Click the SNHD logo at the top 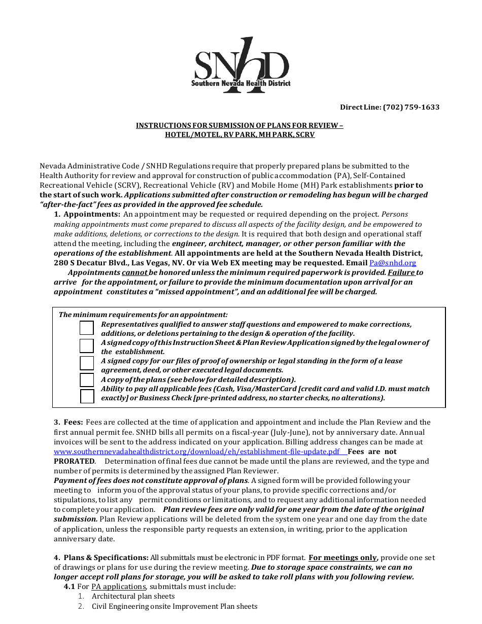tap(242, 65)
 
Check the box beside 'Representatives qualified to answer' tap(87, 328)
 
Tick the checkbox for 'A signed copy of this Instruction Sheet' tap(87, 346)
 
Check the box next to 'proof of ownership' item tap(87, 363)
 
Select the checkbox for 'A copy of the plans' tap(87, 380)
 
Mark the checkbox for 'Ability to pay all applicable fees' tap(87, 396)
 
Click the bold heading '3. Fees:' tap(68, 422)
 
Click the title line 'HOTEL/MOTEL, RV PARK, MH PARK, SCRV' tap(239, 134)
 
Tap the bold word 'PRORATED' tap(74, 461)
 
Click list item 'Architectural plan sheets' tap(133, 596)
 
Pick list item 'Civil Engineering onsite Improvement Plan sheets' tap(175, 606)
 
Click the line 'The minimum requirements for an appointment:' tap(143, 315)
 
